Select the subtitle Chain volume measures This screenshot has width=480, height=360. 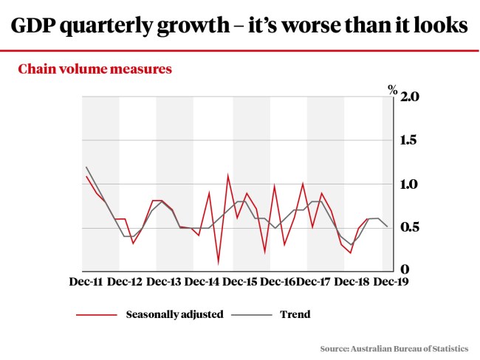[x=95, y=69]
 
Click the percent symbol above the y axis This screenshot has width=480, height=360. [x=392, y=89]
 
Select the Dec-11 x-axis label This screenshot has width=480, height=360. [x=86, y=281]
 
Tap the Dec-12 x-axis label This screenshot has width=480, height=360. [x=124, y=281]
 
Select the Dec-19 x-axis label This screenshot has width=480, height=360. [x=389, y=281]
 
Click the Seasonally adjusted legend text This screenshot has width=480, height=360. [x=174, y=314]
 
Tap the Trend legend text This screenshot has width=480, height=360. [x=295, y=314]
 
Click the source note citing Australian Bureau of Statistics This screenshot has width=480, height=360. [x=394, y=347]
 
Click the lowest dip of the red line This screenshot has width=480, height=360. [x=219, y=262]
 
